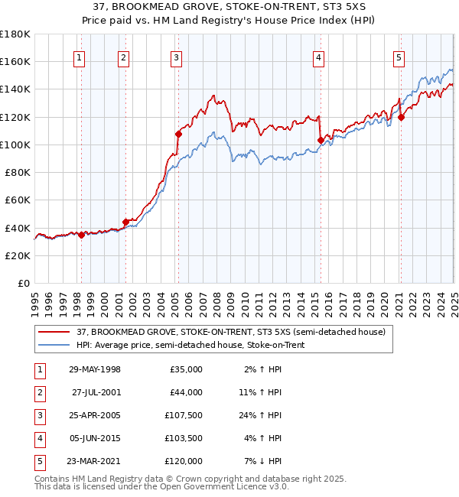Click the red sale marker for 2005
tap(178, 134)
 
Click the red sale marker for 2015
tap(320, 140)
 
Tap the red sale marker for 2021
tap(401, 117)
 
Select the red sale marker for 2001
tap(125, 222)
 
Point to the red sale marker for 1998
tap(81, 235)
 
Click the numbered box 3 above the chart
tap(177, 57)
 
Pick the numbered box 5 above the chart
tap(399, 57)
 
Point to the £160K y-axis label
tap(15, 61)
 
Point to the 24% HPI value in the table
tap(264, 415)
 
